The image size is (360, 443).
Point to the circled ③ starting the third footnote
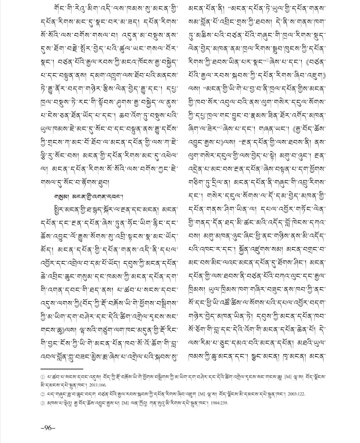(43, 403)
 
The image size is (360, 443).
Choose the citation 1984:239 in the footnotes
(217, 403)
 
